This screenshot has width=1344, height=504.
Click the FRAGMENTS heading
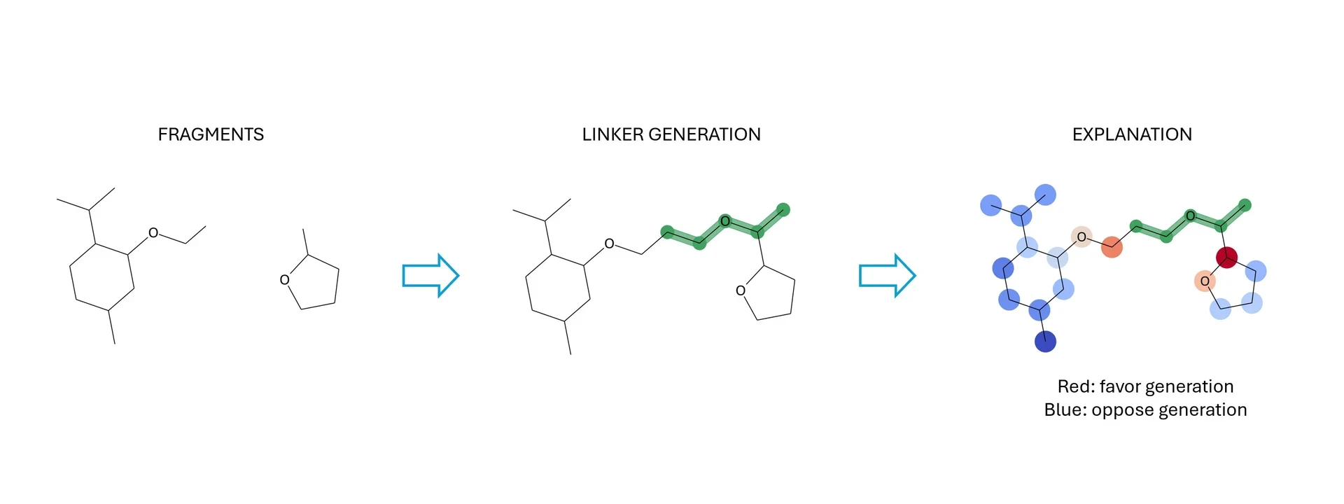pos(211,134)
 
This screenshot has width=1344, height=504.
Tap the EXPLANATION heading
pos(1132,134)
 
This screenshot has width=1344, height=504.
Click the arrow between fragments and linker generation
pos(430,275)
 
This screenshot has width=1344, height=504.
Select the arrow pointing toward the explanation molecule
pos(888,275)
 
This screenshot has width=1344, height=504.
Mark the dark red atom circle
pos(1226,258)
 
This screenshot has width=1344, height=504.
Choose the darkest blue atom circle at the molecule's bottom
pos(1045,342)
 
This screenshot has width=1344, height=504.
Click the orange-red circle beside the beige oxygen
pos(1112,247)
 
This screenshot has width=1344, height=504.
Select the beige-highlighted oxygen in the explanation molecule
pos(1081,237)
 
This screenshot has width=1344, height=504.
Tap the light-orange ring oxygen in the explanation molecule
pos(1205,281)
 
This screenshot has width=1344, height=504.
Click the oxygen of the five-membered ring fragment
pos(284,280)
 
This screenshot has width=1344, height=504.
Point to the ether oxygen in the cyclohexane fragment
pos(153,233)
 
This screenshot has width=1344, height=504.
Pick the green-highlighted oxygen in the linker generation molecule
pos(725,222)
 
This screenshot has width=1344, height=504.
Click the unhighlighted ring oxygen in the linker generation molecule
pos(741,290)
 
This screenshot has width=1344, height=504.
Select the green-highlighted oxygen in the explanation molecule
pos(1190,216)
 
